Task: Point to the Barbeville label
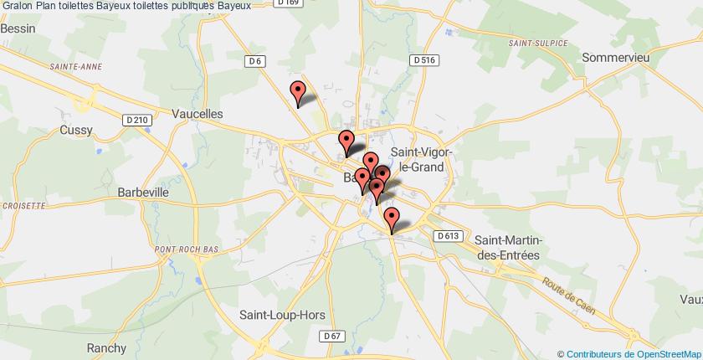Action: (x=142, y=192)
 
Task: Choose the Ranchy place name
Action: (x=106, y=348)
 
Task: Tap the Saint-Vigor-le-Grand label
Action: (x=420, y=160)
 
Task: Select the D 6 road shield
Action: (x=256, y=60)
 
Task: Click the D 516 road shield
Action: (x=425, y=60)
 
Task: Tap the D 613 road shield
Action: (x=448, y=236)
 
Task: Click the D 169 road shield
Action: (x=289, y=3)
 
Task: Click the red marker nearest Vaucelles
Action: (x=297, y=92)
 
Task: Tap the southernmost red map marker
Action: (x=391, y=219)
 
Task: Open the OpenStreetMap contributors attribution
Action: (x=629, y=353)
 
